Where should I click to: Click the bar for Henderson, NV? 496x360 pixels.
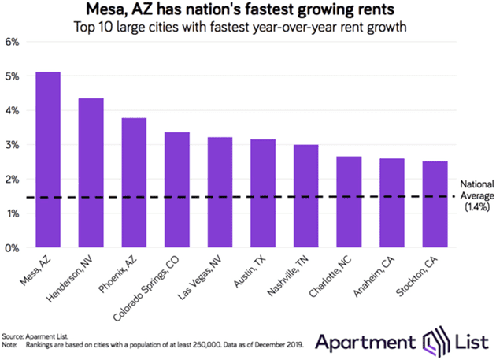pyautogui.click(x=91, y=173)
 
